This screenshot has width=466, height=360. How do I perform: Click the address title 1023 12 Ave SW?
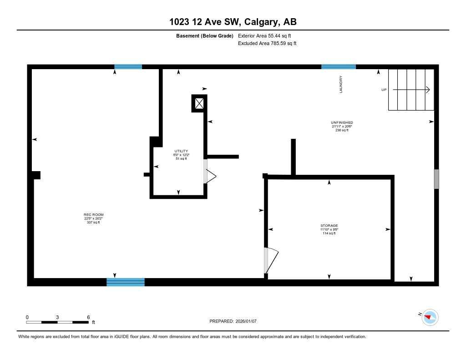click(x=233, y=22)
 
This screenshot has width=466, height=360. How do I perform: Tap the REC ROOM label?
click(x=90, y=214)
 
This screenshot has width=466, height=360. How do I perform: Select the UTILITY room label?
click(x=181, y=151)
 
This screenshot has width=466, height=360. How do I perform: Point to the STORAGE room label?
click(x=329, y=226)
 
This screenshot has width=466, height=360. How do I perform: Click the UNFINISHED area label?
click(x=342, y=122)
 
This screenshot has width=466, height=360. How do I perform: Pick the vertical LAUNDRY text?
click(x=340, y=85)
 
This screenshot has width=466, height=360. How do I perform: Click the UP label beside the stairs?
click(x=384, y=90)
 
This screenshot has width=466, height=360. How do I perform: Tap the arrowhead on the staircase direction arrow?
click(x=428, y=90)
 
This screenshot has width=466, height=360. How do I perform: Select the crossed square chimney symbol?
click(x=199, y=103)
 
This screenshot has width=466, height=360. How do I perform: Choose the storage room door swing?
click(x=271, y=261)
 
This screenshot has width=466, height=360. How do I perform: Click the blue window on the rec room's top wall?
click(x=128, y=67)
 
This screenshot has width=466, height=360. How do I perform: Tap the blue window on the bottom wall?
click(x=126, y=282)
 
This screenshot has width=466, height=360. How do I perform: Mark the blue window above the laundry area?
click(x=339, y=67)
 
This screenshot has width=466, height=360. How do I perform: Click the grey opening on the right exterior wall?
click(x=436, y=179)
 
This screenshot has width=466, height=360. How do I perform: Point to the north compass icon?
click(x=430, y=317)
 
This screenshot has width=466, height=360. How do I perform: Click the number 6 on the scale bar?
click(x=88, y=317)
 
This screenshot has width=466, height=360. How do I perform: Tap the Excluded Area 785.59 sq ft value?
click(x=267, y=44)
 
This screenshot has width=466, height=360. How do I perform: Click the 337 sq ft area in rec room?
click(x=93, y=222)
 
